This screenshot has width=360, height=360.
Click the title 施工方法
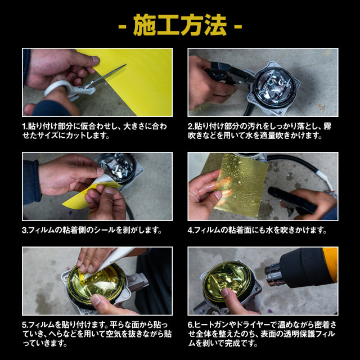(x=180, y=25)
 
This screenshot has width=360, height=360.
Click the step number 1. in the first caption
(x=25, y=127)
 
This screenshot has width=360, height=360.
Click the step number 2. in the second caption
(x=191, y=127)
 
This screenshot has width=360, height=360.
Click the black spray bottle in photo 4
(x=291, y=200)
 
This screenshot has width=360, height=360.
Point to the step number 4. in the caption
(x=191, y=230)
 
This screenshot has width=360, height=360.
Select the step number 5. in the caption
(x=25, y=325)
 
